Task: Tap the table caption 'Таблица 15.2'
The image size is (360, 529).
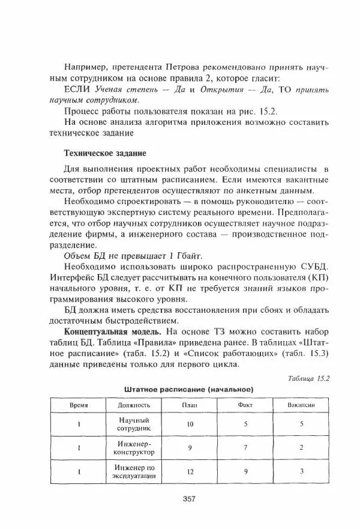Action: tap(311, 378)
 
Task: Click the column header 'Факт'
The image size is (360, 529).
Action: tap(245, 405)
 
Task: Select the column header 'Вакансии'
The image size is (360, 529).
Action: tap(302, 405)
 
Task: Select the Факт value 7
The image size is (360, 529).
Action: tap(245, 447)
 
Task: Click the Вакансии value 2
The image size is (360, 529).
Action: tap(302, 447)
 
